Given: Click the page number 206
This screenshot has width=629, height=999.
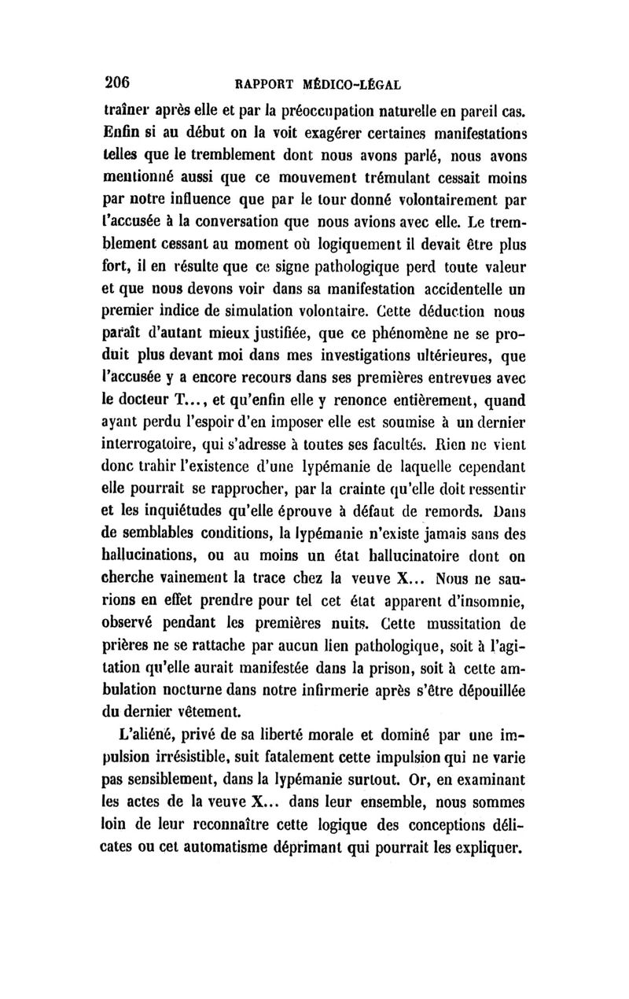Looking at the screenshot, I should [x=121, y=81].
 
